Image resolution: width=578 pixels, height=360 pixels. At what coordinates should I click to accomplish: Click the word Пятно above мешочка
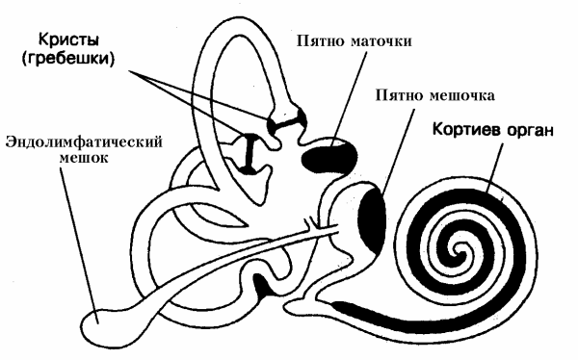pos(397,97)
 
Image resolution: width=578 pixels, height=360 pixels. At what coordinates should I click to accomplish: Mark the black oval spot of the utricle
pos(327,154)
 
